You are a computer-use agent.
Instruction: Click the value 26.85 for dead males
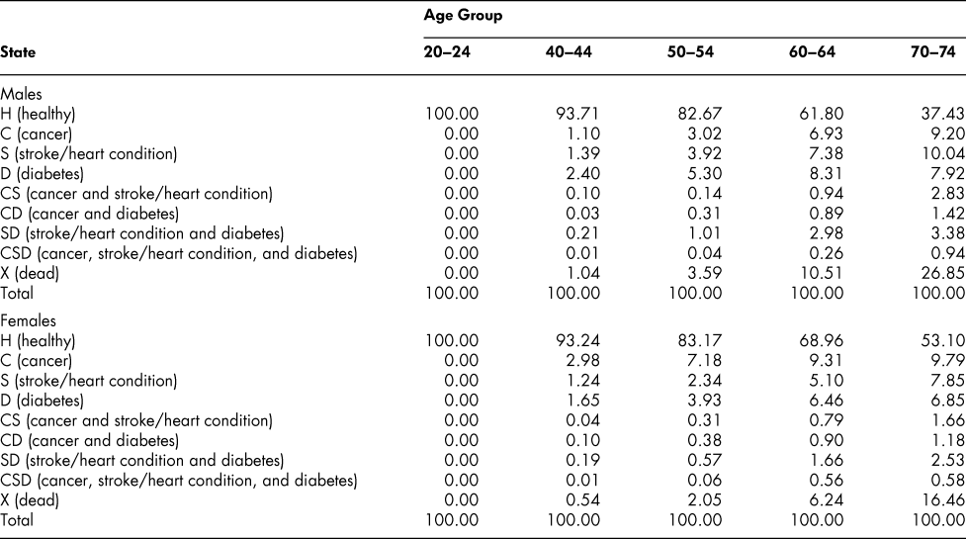936,258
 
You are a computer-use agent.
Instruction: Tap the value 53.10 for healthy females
936,320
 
